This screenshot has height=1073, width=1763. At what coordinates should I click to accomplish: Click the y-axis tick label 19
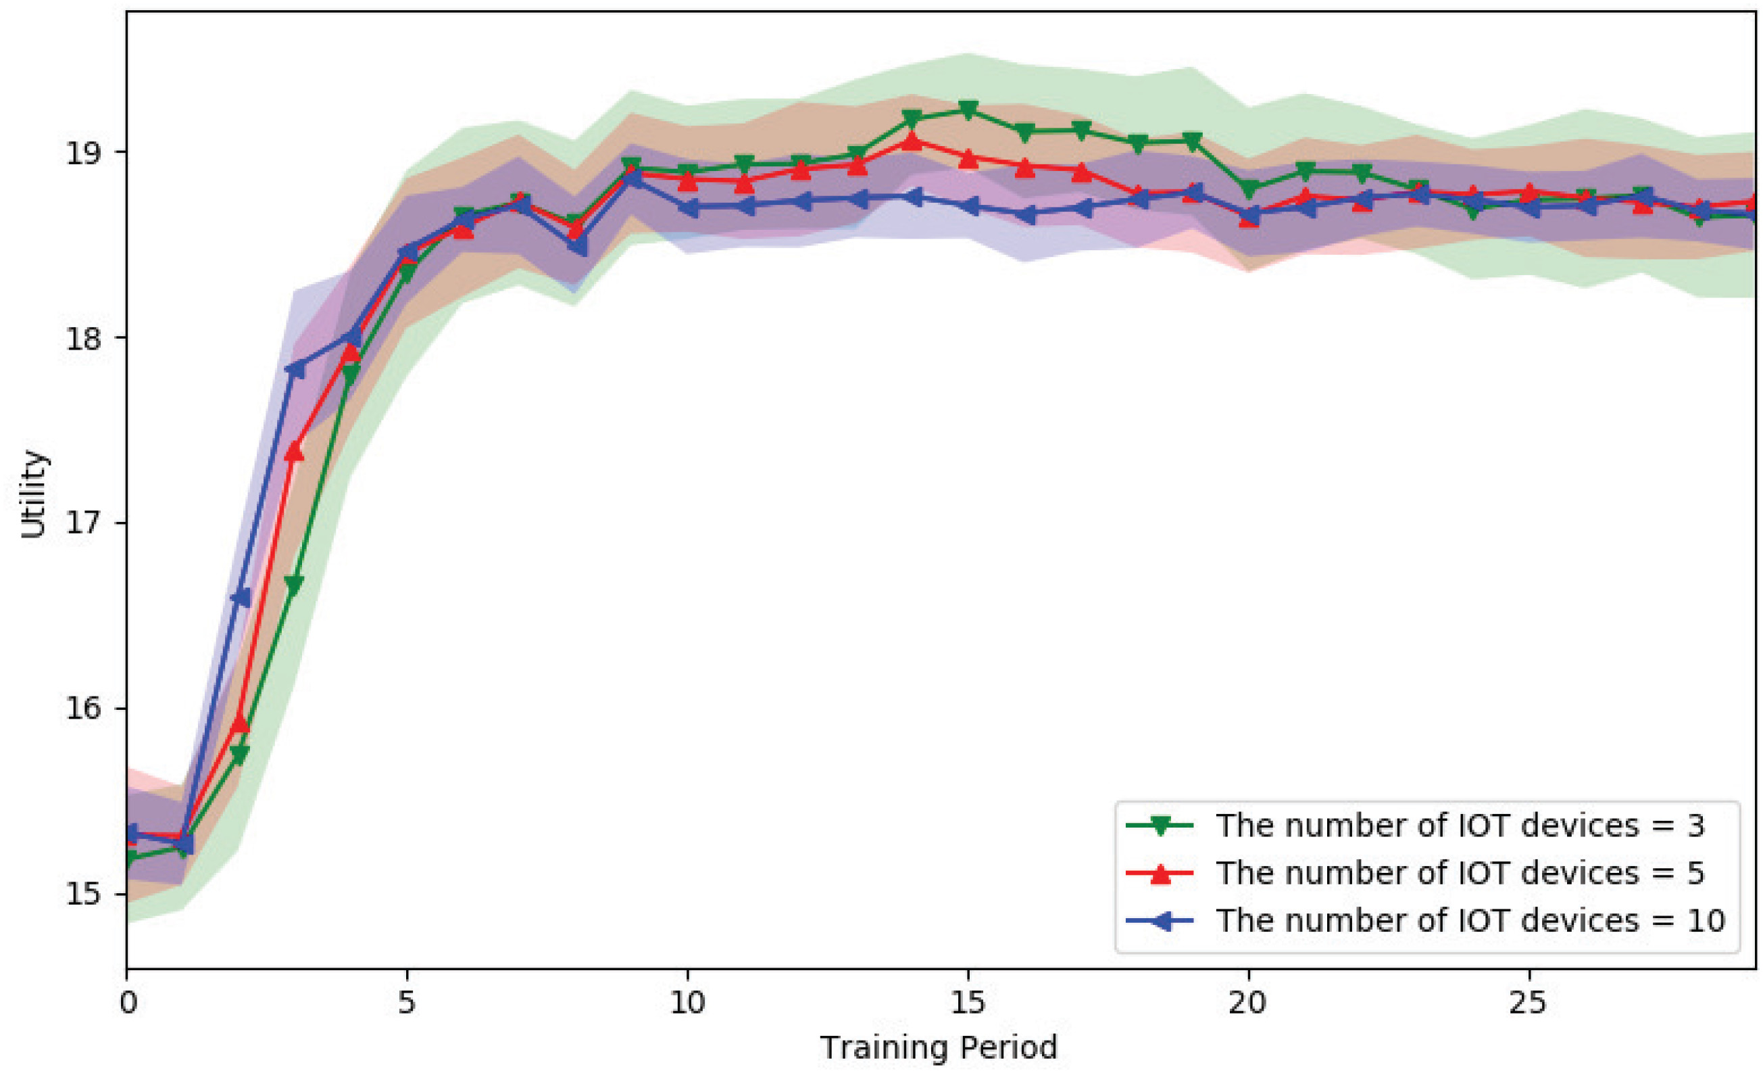click(x=84, y=153)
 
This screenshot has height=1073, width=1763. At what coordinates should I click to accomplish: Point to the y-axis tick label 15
click(x=84, y=895)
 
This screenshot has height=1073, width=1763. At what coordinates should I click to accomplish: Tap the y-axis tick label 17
click(x=84, y=523)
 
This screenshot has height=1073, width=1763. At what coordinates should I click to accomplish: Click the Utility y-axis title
click(x=33, y=494)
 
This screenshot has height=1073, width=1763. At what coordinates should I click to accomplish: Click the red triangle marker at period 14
click(x=912, y=141)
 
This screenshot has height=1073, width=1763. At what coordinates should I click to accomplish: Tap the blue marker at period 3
click(x=295, y=369)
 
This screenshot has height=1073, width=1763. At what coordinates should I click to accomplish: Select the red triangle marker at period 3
click(x=295, y=452)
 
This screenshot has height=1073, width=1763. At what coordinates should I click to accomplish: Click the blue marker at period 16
click(x=1024, y=215)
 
